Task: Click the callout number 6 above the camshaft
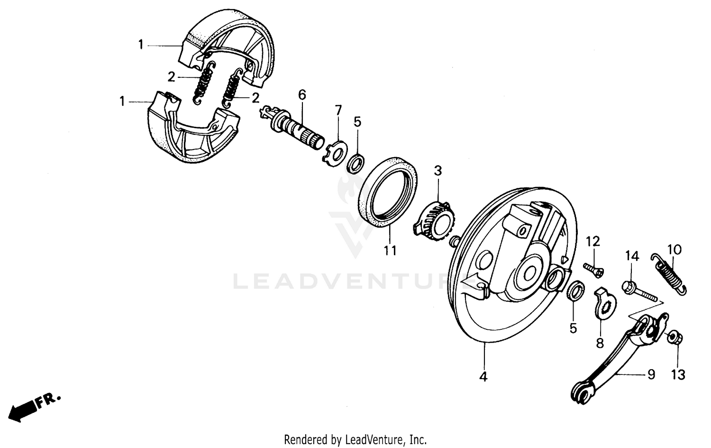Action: pos(302,94)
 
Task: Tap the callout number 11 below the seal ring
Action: pos(390,250)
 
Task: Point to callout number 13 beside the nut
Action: pos(678,374)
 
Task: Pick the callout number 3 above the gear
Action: pos(438,170)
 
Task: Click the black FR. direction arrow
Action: pos(24,409)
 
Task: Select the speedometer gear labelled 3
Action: pos(436,218)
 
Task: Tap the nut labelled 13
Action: pos(673,338)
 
